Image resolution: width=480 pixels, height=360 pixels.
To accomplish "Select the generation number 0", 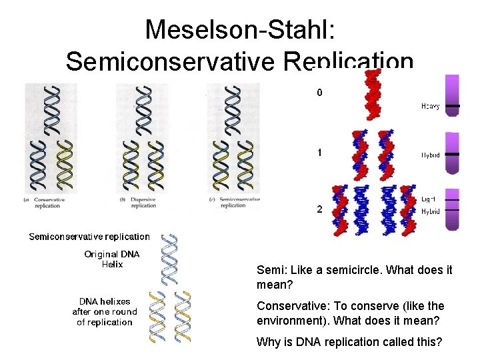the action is click(x=319, y=93).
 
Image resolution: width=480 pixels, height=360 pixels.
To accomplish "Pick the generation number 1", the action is click(x=319, y=153).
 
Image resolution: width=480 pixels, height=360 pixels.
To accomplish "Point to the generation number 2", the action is click(x=319, y=209).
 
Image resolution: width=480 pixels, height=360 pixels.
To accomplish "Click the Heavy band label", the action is click(x=430, y=106).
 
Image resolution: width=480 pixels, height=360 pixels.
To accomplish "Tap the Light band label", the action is click(x=429, y=199).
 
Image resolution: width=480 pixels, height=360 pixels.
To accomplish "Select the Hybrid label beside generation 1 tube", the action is click(x=430, y=154).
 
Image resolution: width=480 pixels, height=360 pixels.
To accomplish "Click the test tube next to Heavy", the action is click(x=453, y=95).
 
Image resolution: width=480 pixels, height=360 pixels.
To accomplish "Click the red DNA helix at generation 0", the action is click(x=373, y=97).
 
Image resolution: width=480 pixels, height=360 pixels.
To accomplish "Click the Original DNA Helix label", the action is click(x=103, y=259).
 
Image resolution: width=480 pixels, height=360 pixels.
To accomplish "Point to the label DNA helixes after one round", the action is click(x=105, y=311).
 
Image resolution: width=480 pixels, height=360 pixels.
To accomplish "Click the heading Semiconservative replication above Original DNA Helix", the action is click(x=89, y=237).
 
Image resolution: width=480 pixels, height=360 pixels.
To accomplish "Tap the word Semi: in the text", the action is click(x=269, y=271).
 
